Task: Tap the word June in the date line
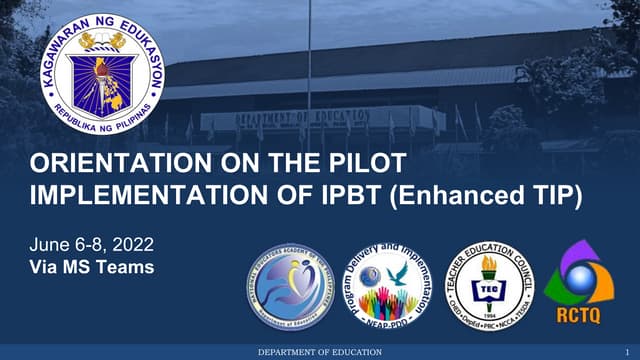(51, 246)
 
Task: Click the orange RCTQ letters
(583, 317)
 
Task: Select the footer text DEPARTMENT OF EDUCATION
(320, 353)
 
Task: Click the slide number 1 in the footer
(625, 353)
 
